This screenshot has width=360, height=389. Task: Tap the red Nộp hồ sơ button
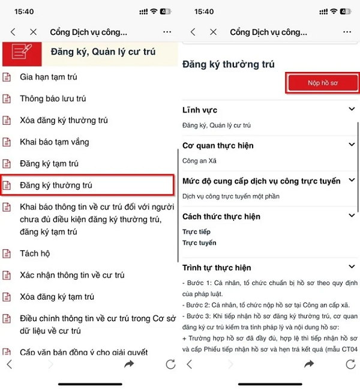coord(322,83)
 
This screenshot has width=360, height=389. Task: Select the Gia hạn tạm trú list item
coord(48,77)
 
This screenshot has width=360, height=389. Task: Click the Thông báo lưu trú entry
coord(53,98)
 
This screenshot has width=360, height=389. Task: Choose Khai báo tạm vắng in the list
coord(54,142)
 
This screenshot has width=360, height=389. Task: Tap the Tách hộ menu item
coord(35,253)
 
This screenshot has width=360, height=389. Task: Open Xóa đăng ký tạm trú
coord(57,297)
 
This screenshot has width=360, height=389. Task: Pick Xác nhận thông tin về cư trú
coord(72,275)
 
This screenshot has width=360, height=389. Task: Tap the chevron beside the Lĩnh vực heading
coord(352,109)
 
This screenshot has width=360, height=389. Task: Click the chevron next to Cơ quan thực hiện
coord(352,145)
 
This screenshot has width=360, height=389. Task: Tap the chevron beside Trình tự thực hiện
coord(352,267)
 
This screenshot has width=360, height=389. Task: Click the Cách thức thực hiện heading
coord(221,216)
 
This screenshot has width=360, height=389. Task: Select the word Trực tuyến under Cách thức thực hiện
coord(199,243)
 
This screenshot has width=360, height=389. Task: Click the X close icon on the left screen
coord(34,32)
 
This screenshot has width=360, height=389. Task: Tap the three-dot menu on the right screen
coord(347,32)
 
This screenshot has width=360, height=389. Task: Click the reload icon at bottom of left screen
coord(170,364)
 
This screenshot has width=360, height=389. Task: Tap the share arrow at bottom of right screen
coord(309,364)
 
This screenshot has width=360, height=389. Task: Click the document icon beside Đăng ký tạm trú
coord(7,163)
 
